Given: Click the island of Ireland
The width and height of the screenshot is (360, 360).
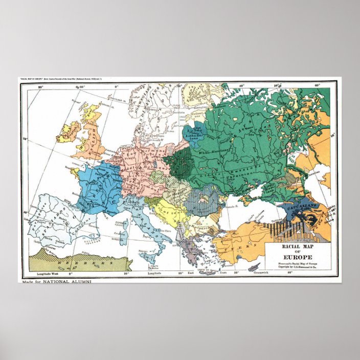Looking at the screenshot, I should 67,132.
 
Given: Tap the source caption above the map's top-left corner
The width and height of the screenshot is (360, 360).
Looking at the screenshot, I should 72,80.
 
